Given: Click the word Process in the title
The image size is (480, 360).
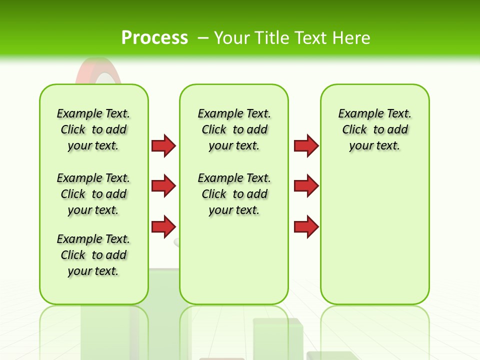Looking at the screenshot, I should point(154,38).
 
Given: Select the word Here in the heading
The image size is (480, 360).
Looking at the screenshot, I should point(351,38).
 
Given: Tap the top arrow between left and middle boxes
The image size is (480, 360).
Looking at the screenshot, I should point(163,145).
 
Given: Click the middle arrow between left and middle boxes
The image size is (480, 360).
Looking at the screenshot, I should point(163,186).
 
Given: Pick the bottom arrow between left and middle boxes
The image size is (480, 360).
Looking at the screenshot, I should point(163,226).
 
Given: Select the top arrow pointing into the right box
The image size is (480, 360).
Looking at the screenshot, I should point(306,145).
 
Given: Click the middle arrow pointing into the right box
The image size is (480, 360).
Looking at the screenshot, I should point(306,186).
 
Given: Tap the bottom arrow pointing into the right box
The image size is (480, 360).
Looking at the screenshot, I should point(306,226).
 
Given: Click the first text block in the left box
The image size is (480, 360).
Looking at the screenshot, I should point(93,129).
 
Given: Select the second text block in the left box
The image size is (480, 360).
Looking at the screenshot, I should point(93,194).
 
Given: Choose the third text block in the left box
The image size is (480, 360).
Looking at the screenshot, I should point(93,255).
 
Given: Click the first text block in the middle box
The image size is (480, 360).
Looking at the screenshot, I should point(234,129).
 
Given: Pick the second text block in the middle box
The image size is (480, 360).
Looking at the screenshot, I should point(234,194).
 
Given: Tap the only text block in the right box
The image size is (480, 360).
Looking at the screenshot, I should point(374,129).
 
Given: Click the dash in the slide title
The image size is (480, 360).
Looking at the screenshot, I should point(203,38).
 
